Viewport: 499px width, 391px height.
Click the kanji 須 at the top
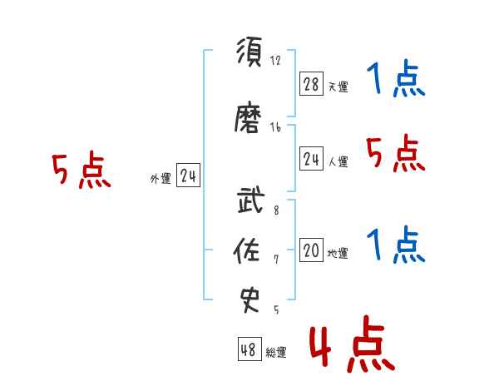pyautogui.click(x=249, y=51)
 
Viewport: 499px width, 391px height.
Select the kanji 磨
pyautogui.click(x=248, y=117)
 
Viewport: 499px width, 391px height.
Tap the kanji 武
pyautogui.click(x=251, y=200)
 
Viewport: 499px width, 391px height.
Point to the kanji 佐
pyautogui.click(x=247, y=250)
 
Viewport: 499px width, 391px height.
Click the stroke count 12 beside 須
pyautogui.click(x=275, y=60)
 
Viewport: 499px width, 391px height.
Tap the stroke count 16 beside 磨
pyautogui.click(x=275, y=127)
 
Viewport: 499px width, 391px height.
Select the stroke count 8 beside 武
pyautogui.click(x=276, y=210)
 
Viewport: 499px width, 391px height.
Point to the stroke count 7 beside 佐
pyautogui.click(x=276, y=260)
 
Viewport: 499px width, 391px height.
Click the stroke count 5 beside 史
pyautogui.click(x=276, y=309)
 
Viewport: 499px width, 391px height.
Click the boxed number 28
pyautogui.click(x=311, y=84)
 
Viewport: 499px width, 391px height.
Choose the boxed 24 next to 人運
pyautogui.click(x=311, y=159)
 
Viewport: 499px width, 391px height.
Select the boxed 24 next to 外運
pyautogui.click(x=188, y=176)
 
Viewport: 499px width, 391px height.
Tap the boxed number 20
pyautogui.click(x=311, y=250)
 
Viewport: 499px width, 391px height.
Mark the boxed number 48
pyautogui.click(x=249, y=349)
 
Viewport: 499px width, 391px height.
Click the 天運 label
pyautogui.click(x=338, y=87)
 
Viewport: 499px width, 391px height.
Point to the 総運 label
pyautogui.click(x=276, y=353)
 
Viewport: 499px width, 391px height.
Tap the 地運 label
pyautogui.click(x=338, y=254)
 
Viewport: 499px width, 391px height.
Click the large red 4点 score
pyautogui.click(x=352, y=344)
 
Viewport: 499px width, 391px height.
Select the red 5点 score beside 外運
pyautogui.click(x=82, y=170)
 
